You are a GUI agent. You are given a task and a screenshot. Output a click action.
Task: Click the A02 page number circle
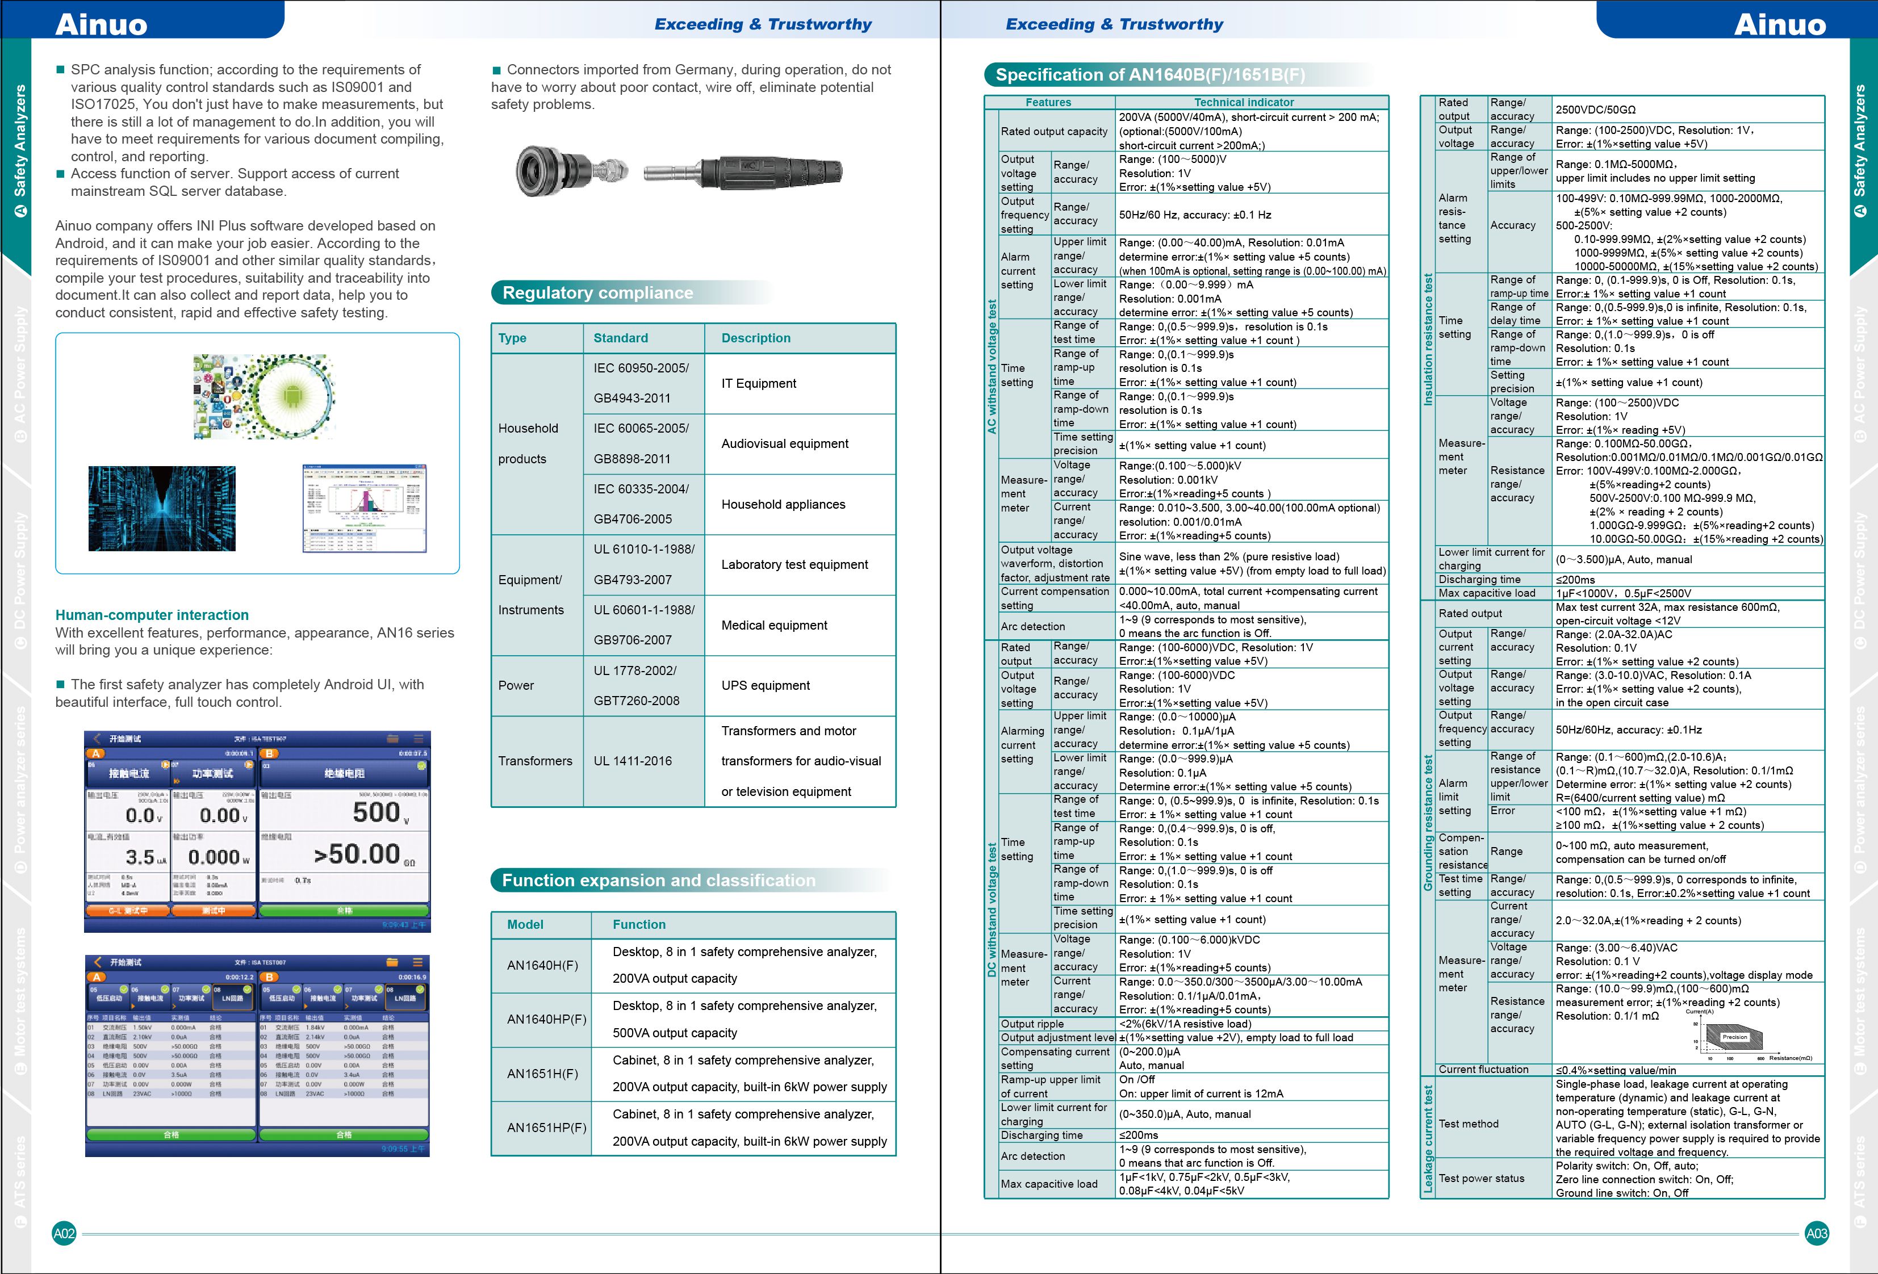point(64,1234)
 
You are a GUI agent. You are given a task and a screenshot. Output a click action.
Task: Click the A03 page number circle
point(1817,1234)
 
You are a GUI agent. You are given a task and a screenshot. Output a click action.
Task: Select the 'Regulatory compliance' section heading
point(597,292)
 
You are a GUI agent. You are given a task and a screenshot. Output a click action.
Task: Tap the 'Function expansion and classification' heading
point(659,881)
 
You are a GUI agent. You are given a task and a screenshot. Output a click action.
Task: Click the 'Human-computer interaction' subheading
point(152,615)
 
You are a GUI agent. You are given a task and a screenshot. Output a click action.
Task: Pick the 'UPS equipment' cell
point(766,685)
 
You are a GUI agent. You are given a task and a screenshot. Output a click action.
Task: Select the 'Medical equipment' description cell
point(774,625)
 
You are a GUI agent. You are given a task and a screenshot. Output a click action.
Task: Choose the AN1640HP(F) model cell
point(546,1020)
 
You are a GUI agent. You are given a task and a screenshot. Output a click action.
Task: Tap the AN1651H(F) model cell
point(542,1074)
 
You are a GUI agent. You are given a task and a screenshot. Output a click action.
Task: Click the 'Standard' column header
point(621,338)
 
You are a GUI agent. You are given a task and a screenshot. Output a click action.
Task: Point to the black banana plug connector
point(743,171)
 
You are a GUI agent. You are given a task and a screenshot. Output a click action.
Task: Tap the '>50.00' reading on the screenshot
point(357,854)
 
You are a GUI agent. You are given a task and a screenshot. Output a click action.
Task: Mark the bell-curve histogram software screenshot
point(363,508)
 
